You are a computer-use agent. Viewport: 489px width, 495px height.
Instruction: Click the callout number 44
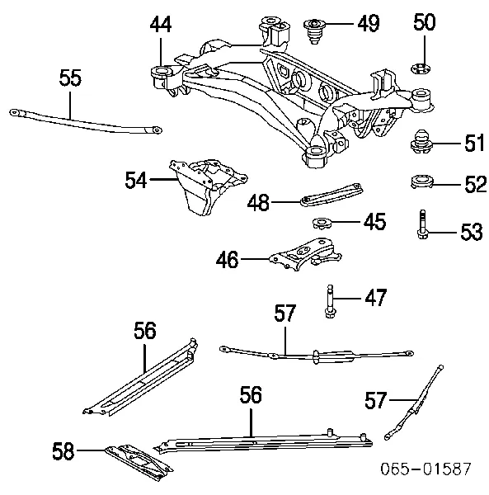point(161,26)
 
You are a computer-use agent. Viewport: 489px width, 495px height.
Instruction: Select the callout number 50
point(425,23)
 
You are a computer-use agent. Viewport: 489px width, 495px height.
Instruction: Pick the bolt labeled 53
point(421,225)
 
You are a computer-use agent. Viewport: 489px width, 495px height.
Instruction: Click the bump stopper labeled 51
point(422,143)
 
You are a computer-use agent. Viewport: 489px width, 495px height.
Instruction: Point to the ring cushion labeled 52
point(422,181)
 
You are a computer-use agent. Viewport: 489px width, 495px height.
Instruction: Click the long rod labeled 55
point(82,120)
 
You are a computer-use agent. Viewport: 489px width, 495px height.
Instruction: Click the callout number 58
point(63,451)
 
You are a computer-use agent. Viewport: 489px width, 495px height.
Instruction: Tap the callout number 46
point(227,261)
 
